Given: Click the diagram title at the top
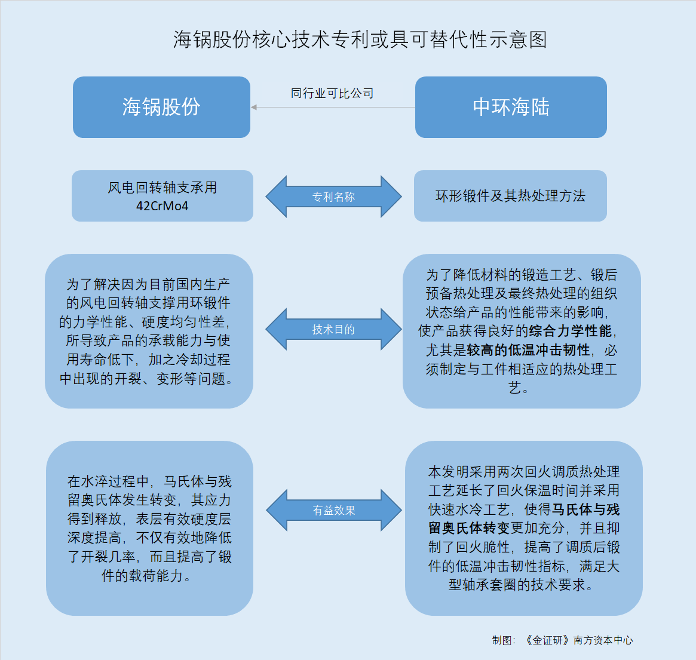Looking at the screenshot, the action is pyautogui.click(x=360, y=39).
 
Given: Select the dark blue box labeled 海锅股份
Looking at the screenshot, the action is pyautogui.click(x=161, y=107).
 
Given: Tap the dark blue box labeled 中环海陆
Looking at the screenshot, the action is pyautogui.click(x=511, y=107).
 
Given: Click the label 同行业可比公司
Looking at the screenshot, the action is pyautogui.click(x=332, y=93).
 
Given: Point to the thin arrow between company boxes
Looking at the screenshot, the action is pyautogui.click(x=333, y=107).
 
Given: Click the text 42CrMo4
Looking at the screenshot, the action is pyautogui.click(x=162, y=206).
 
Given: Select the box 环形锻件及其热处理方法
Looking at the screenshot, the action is pyautogui.click(x=510, y=196).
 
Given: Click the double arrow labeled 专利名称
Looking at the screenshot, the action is pyautogui.click(x=334, y=197).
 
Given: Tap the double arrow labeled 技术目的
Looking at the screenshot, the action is pyautogui.click(x=334, y=329).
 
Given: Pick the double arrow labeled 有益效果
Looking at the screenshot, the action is pyautogui.click(x=334, y=511).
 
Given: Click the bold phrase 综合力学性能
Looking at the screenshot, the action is pyautogui.click(x=570, y=331).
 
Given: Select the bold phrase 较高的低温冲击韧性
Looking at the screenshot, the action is pyautogui.click(x=528, y=350).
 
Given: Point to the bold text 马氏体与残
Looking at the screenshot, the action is pyautogui.click(x=585, y=509).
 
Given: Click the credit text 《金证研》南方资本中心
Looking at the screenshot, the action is pyautogui.click(x=578, y=640).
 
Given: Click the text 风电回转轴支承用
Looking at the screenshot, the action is pyautogui.click(x=162, y=188).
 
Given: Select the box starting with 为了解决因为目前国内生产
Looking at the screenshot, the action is pyautogui.click(x=149, y=331).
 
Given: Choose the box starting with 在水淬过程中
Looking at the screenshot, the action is pyautogui.click(x=149, y=528).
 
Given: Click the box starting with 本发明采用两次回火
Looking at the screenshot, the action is pyautogui.click(x=524, y=528).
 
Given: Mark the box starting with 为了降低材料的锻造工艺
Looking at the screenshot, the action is pyautogui.click(x=522, y=331).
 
